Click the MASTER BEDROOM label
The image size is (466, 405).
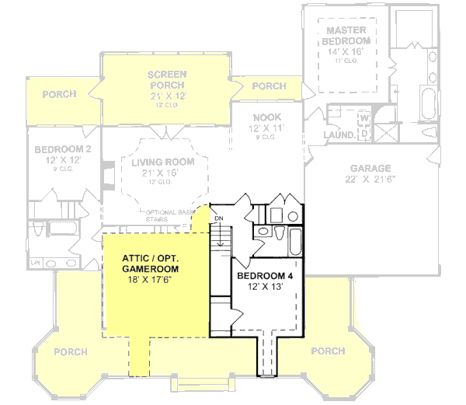[346, 35]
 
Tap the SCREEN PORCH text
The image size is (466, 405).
[168, 80]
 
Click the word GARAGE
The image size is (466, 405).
[370, 169]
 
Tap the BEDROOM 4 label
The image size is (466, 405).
[264, 276]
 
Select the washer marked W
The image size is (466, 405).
[363, 119]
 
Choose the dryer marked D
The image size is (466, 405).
[363, 134]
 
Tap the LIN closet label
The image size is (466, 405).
[34, 264]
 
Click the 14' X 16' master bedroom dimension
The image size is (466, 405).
[346, 51]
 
